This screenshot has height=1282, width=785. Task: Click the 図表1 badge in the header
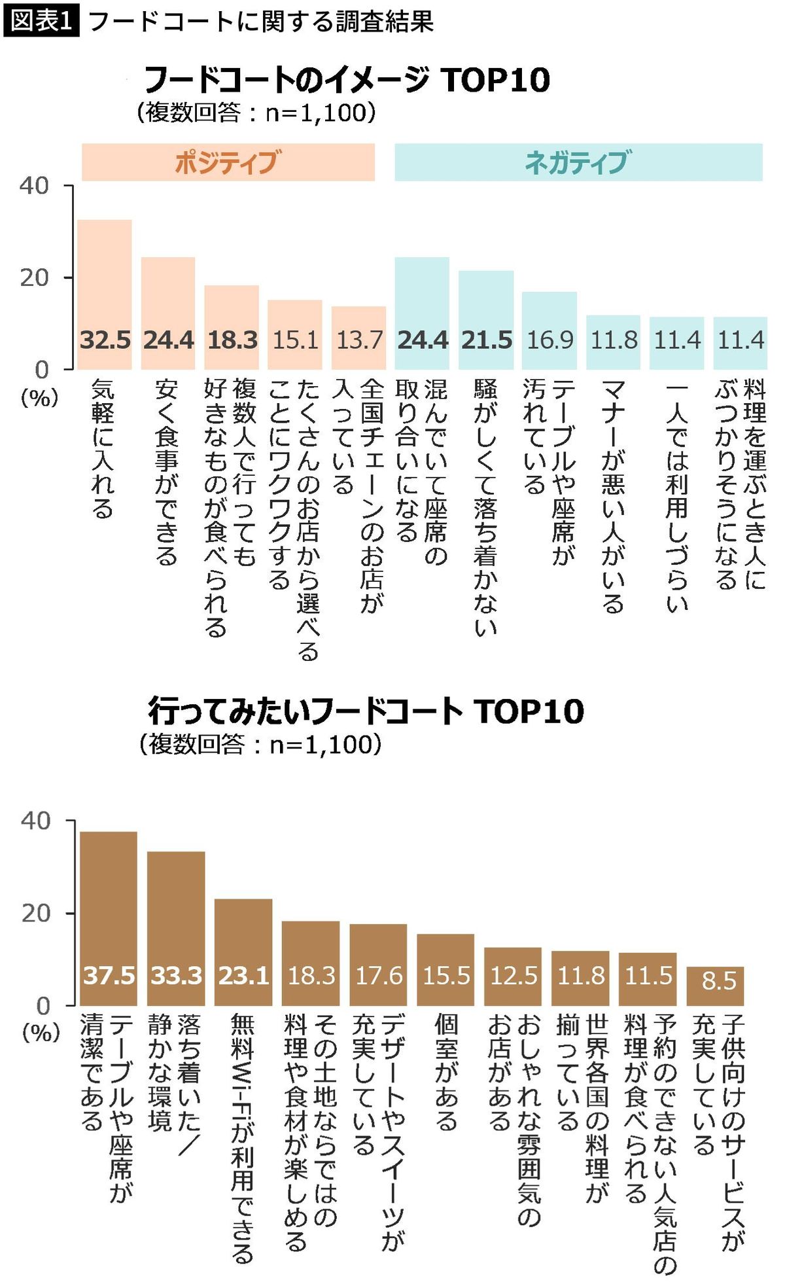click(x=41, y=21)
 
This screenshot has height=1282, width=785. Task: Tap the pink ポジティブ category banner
click(x=228, y=162)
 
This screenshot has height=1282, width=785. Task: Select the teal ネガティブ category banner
click(x=578, y=162)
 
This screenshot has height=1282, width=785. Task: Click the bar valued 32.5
click(x=105, y=294)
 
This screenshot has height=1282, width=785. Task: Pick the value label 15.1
click(x=296, y=340)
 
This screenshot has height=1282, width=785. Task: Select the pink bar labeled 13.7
click(x=358, y=327)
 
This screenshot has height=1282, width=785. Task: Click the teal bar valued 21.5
click(x=486, y=308)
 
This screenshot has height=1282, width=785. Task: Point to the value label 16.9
click(x=549, y=340)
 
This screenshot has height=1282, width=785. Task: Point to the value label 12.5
click(x=514, y=976)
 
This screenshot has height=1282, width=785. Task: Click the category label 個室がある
click(x=446, y=1073)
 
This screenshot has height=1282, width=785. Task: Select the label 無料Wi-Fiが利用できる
click(x=243, y=1139)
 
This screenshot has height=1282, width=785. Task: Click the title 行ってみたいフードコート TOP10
click(x=366, y=711)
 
